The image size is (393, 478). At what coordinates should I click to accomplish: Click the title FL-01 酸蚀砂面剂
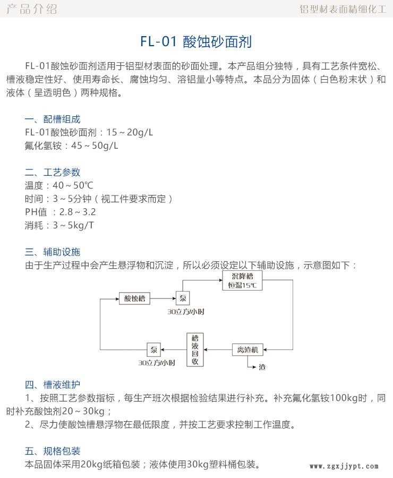click(196, 41)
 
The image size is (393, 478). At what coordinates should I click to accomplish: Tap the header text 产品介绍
click(30, 9)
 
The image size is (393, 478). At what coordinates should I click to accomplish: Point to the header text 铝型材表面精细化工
click(343, 9)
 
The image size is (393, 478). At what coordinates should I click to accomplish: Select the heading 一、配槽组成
click(53, 119)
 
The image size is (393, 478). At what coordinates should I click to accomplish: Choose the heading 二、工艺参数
click(53, 172)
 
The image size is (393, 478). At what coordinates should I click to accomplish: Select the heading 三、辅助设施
click(53, 252)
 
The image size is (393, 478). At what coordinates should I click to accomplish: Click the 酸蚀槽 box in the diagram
click(134, 298)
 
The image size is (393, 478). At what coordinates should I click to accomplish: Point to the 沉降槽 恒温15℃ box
click(242, 281)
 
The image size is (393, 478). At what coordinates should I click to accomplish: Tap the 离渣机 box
click(247, 349)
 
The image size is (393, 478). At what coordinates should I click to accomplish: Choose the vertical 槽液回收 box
click(195, 349)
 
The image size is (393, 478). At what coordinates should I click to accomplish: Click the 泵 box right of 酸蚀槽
click(182, 298)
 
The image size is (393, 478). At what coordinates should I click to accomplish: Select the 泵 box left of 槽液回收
click(154, 349)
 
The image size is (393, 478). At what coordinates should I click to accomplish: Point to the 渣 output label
click(262, 367)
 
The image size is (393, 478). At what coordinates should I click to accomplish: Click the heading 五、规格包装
click(53, 451)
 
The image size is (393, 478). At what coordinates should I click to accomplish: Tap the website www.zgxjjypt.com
click(344, 466)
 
